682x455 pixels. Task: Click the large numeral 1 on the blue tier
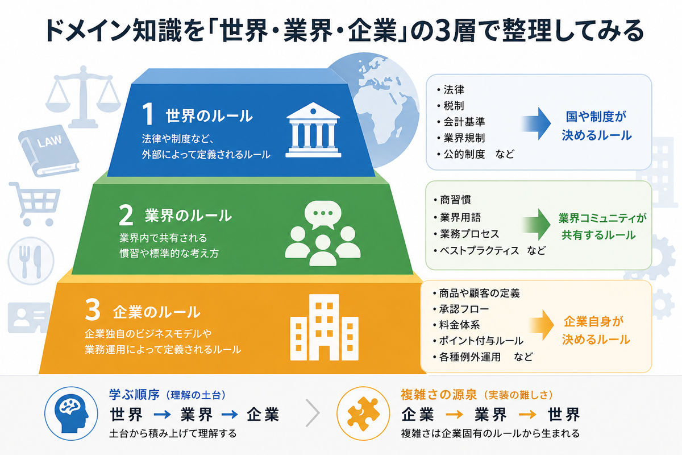[148, 114]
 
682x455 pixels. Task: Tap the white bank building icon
[313, 130]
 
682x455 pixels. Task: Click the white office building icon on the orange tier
[325, 327]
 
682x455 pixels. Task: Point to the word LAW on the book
[49, 142]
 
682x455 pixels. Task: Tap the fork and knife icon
[31, 261]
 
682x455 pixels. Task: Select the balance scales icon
[83, 97]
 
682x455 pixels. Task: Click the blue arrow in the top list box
[537, 123]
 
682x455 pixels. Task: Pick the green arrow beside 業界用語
[537, 225]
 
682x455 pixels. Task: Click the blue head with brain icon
[71, 413]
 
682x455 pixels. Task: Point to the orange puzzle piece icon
[363, 413]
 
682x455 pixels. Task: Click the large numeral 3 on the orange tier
[93, 309]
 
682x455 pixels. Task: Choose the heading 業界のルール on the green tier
[188, 216]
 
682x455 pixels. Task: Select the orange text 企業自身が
[593, 321]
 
